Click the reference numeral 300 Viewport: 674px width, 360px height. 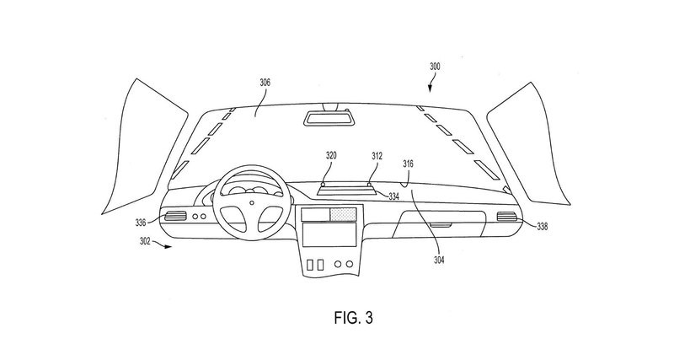point(435,67)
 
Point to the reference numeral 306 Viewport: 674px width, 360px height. point(265,83)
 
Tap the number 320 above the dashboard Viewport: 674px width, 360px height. point(331,156)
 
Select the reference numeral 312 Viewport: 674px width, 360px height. point(377,156)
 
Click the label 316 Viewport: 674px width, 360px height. point(408,164)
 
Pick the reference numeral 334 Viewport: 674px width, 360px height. point(393,196)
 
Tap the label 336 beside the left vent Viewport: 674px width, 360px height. point(141,223)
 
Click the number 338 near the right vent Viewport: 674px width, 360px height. point(543,226)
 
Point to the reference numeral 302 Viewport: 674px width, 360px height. point(145,241)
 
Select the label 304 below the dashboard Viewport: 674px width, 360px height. point(439,260)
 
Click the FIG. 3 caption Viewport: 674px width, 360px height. point(353,318)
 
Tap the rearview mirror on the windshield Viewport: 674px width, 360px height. point(327,118)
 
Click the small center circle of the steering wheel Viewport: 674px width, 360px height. point(252,202)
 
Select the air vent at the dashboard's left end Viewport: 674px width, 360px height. point(175,216)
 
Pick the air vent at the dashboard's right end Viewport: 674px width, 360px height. point(507,217)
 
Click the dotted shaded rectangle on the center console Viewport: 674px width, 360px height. point(343,214)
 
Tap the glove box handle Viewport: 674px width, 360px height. point(440,224)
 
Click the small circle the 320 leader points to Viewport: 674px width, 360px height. point(323,184)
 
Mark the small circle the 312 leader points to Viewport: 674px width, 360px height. point(369,184)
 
